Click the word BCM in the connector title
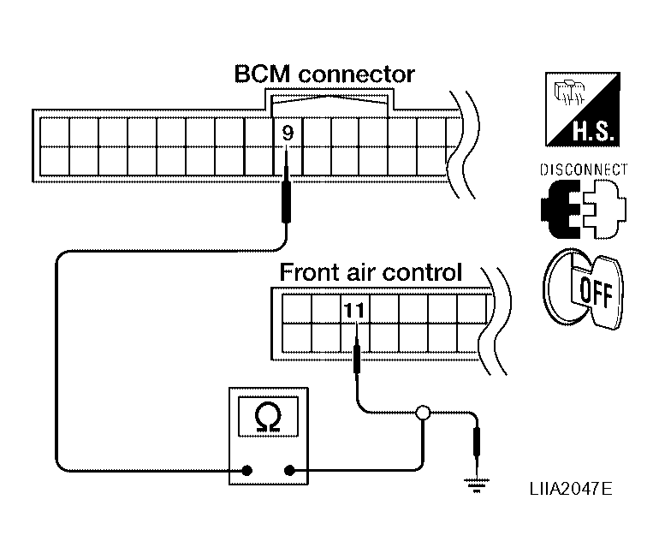pos(262,74)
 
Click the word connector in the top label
pos(356,74)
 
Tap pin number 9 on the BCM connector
pos(288,134)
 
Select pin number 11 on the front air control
pos(353,311)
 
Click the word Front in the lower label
pos(310,272)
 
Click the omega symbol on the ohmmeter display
pos(268,417)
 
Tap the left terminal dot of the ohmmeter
pos(247,470)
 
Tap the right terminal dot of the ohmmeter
pos(289,470)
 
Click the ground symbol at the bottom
pos(476,485)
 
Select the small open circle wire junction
pos(423,413)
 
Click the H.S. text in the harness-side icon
pos(593,131)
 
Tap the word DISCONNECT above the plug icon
pos(584,169)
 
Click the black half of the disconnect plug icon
pos(561,209)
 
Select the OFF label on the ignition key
pos(596,292)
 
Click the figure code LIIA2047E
pos(571,489)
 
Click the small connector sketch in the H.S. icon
pos(567,92)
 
